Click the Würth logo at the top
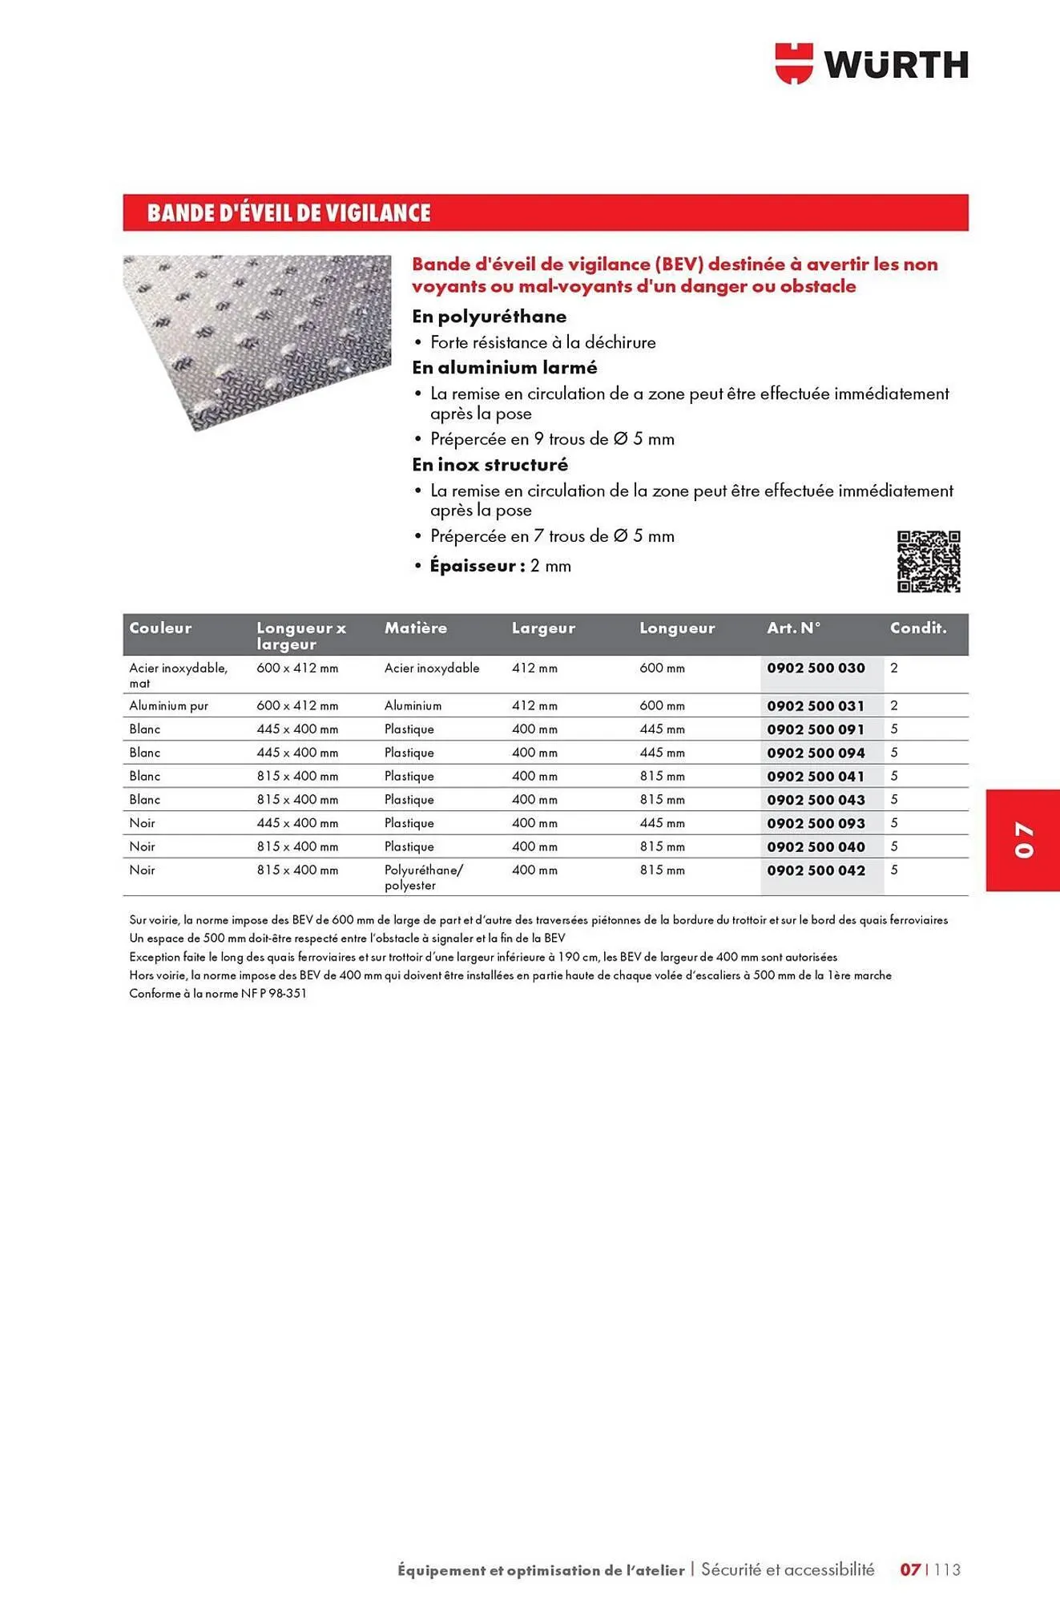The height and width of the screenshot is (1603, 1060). pos(872,64)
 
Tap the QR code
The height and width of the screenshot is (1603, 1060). pos(928,561)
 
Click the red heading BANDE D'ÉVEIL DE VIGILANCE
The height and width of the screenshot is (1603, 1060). pos(288,213)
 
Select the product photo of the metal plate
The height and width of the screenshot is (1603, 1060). pos(256,341)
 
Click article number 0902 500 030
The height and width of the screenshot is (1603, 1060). pos(816,668)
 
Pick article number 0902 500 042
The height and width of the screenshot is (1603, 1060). pos(816,870)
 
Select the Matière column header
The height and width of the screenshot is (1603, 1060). pos(416,628)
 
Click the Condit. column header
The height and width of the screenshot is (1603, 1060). pos(918,628)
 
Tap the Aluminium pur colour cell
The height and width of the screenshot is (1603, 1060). pos(168,706)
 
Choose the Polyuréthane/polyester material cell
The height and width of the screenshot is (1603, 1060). pos(423,878)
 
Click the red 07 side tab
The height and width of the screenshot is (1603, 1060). pos(1023,840)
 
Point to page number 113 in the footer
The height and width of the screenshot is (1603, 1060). pos(947,1569)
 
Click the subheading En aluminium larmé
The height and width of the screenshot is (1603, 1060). pos(504,368)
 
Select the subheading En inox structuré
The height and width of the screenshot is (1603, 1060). pos(490,465)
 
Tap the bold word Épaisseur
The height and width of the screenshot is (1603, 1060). pos(473,566)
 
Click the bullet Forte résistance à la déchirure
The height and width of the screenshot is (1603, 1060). pos(542,342)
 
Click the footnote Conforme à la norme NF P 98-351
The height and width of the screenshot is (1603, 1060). pos(218,994)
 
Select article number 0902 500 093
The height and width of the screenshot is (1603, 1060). pos(816,823)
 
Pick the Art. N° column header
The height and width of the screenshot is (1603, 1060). pos(793,628)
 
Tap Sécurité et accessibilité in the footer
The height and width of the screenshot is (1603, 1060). pos(788,1569)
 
